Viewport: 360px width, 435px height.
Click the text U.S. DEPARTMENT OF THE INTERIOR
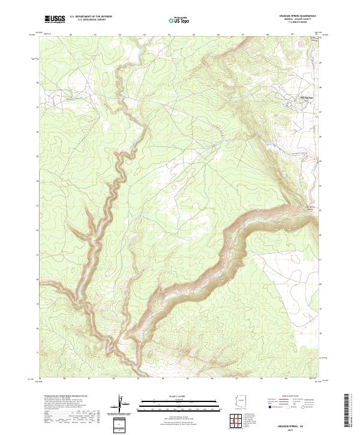click(91, 17)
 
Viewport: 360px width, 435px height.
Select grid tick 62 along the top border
click(121, 35)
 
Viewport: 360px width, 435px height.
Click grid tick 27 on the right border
click(320, 112)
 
